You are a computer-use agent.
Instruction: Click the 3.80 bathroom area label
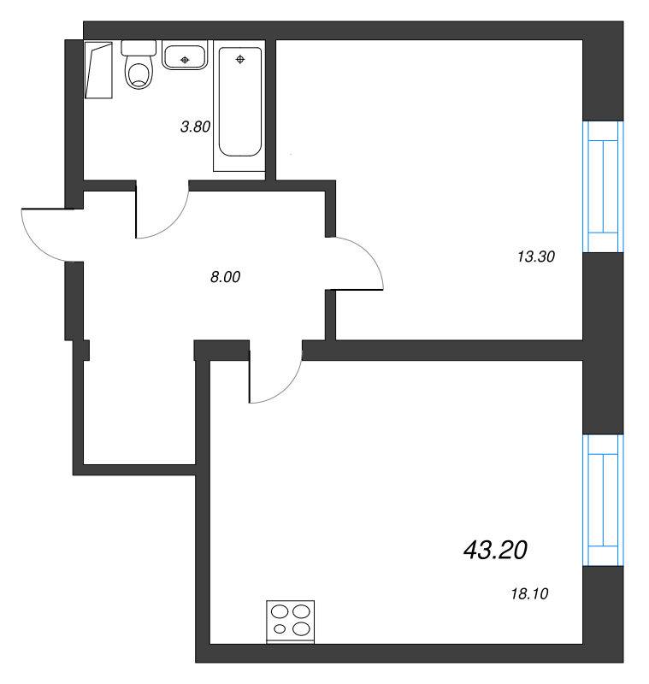(196, 127)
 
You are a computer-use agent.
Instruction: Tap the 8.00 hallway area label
(225, 276)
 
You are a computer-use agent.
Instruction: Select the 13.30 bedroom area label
(536, 256)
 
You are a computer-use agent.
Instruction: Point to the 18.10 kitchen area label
(529, 593)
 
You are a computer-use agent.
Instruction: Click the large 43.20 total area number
(495, 550)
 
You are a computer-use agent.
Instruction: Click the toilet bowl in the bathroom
(139, 75)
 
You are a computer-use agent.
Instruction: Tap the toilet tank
(139, 48)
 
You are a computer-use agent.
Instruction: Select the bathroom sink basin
(185, 56)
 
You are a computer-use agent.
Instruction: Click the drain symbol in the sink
(185, 60)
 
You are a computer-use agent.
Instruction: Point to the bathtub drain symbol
(240, 59)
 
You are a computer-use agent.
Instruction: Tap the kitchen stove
(290, 622)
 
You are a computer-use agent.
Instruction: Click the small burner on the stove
(279, 629)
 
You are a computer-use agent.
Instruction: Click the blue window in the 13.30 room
(603, 186)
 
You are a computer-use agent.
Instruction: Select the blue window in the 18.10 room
(603, 500)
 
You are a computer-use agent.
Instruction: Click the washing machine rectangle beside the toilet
(98, 70)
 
